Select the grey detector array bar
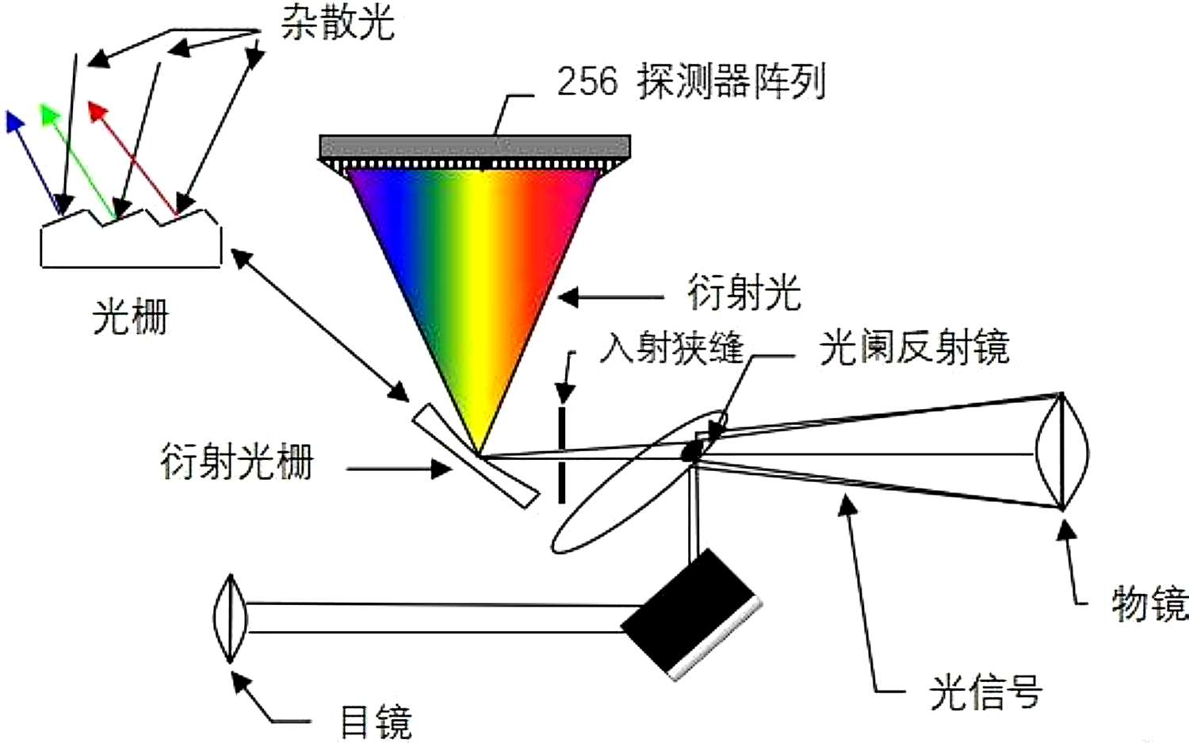coord(475,147)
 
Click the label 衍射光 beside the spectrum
coord(744,293)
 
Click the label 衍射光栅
coord(237,462)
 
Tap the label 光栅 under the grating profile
coord(130,318)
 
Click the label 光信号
coord(985,693)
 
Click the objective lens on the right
coord(1062,451)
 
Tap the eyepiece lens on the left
coord(230,618)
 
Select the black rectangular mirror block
coord(690,615)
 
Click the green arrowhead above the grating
coord(51,113)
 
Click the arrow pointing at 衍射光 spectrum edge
coord(610,298)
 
